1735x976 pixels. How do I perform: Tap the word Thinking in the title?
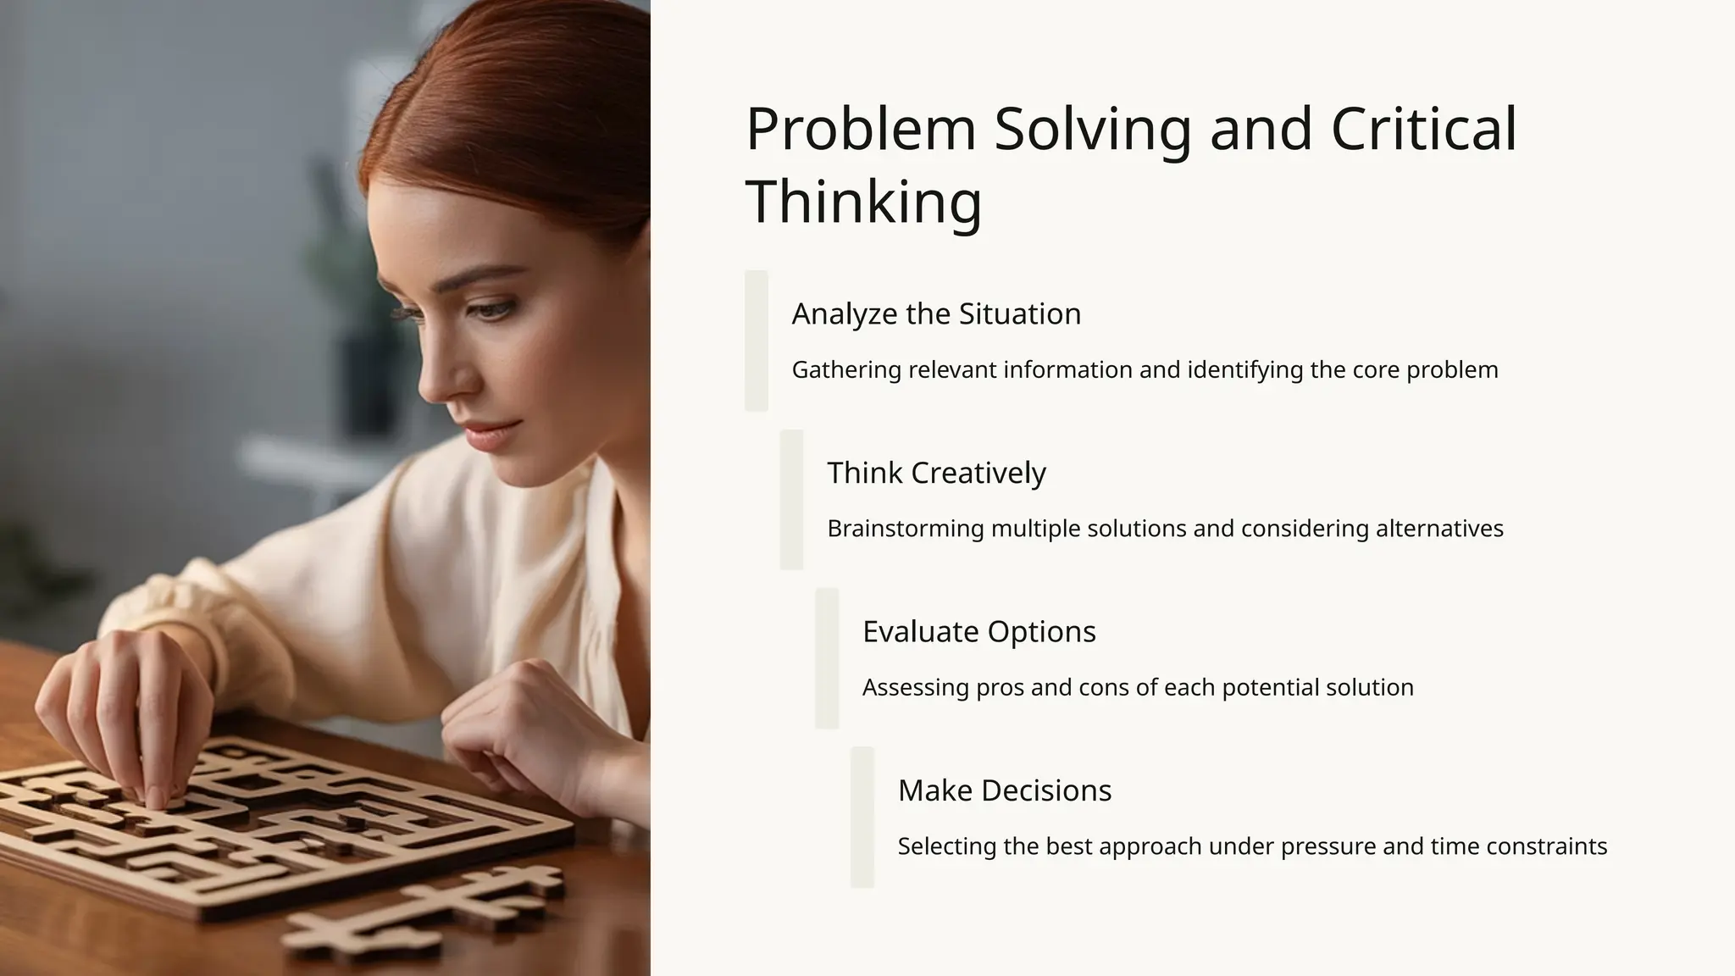(x=863, y=201)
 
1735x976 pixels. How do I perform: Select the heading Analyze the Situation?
(x=936, y=314)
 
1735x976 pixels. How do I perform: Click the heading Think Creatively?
(x=936, y=473)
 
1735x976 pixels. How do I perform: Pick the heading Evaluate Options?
(x=978, y=632)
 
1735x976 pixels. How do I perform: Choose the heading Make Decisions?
(x=1004, y=790)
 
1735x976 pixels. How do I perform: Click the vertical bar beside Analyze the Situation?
(x=756, y=341)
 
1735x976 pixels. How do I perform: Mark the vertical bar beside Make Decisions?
(x=862, y=818)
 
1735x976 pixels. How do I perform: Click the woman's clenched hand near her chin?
(x=517, y=729)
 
